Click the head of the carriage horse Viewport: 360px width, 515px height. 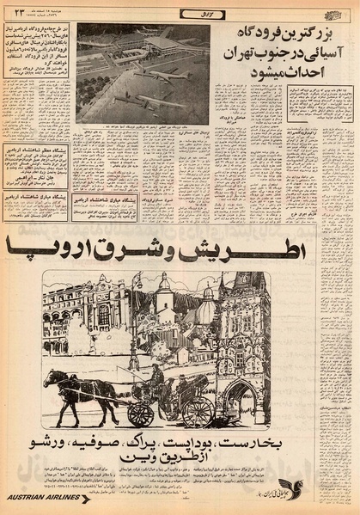[52, 379]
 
